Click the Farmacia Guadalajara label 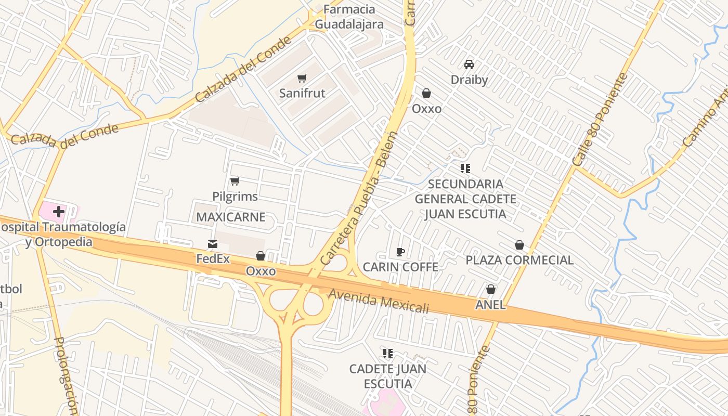(x=349, y=17)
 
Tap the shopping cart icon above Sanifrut (x=302, y=79)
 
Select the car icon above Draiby (x=469, y=64)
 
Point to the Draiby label (x=469, y=80)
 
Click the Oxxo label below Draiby (x=426, y=109)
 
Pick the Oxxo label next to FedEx (x=261, y=271)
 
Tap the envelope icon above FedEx (x=213, y=244)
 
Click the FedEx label (x=213, y=258)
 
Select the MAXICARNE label (x=230, y=217)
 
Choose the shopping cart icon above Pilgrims (x=235, y=181)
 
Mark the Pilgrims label (x=235, y=197)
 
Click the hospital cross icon (x=59, y=212)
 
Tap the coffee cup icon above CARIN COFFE (x=400, y=252)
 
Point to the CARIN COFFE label (x=400, y=267)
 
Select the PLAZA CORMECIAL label (x=519, y=260)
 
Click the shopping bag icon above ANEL (x=490, y=289)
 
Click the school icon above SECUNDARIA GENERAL (x=465, y=168)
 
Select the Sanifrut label (x=302, y=93)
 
